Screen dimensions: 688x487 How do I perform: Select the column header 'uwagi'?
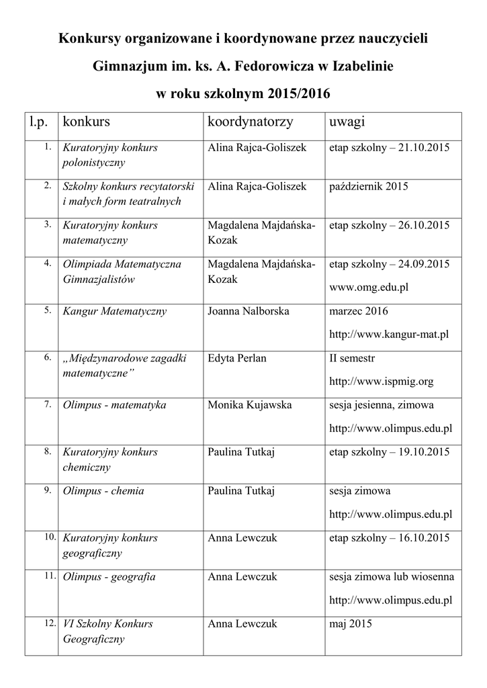coord(347,123)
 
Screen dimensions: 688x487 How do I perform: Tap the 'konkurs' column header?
coord(86,123)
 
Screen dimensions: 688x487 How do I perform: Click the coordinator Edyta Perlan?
coord(237,358)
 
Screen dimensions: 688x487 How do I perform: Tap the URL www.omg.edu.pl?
coord(369,287)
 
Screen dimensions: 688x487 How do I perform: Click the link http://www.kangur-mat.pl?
coord(389,334)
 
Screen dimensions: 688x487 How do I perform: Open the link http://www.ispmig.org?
coord(381,381)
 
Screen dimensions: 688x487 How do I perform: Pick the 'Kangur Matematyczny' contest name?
coord(115,312)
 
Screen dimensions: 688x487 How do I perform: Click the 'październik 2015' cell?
coord(368,186)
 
